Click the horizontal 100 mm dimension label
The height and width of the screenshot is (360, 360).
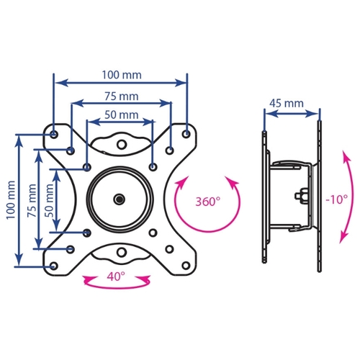122,75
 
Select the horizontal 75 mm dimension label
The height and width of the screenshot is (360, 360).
122,96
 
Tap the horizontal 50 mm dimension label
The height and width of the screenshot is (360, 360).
122,115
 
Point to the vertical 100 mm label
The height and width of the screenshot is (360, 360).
11,200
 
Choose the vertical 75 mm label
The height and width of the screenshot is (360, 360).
32,201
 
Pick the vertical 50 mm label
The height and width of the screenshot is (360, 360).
49,201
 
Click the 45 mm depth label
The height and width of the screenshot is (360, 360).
287,104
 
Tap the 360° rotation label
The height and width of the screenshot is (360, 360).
208,202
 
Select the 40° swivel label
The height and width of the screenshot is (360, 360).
116,276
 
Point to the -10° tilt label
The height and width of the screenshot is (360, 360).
337,199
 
